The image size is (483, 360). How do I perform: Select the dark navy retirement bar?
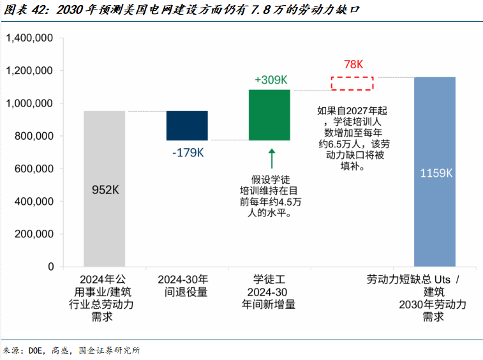click(x=187, y=125)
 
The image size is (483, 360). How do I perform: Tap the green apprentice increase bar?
click(x=269, y=115)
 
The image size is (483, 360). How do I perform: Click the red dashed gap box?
click(x=352, y=83)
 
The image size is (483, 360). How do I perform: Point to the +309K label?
click(x=271, y=80)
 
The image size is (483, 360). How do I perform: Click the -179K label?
click(x=188, y=153)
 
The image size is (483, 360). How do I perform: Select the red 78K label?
click(x=353, y=64)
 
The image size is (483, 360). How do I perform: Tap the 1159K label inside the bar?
click(x=435, y=173)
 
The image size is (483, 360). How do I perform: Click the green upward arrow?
click(x=271, y=159)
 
